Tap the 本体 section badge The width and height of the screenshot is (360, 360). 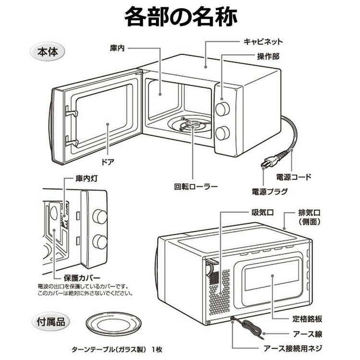click(x=47, y=51)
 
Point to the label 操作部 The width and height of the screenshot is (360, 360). click(x=268, y=57)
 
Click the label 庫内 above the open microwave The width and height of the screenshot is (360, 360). click(x=117, y=48)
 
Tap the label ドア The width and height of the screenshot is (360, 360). click(x=108, y=162)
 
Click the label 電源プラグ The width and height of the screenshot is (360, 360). click(x=270, y=192)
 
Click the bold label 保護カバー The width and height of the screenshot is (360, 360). click(x=82, y=278)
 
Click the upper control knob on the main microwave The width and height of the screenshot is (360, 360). click(x=222, y=108)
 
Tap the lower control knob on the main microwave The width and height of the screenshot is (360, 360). click(x=223, y=133)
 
